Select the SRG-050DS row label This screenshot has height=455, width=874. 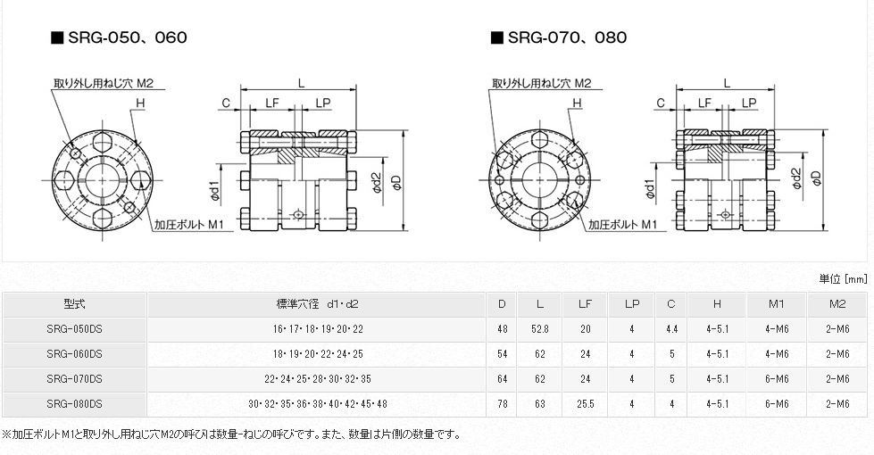[74, 329]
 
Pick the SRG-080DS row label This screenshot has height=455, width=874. [74, 404]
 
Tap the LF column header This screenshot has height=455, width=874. [585, 304]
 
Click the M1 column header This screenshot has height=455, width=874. [776, 304]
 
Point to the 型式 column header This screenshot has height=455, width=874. [74, 304]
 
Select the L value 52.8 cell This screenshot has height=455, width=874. [540, 329]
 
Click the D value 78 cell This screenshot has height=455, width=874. [503, 404]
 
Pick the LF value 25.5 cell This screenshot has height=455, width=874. [585, 404]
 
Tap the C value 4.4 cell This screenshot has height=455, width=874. [671, 329]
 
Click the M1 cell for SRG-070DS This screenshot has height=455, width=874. [776, 379]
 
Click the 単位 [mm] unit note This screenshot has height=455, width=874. [842, 278]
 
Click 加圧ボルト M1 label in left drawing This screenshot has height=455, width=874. [188, 225]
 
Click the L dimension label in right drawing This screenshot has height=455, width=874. [727, 82]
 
